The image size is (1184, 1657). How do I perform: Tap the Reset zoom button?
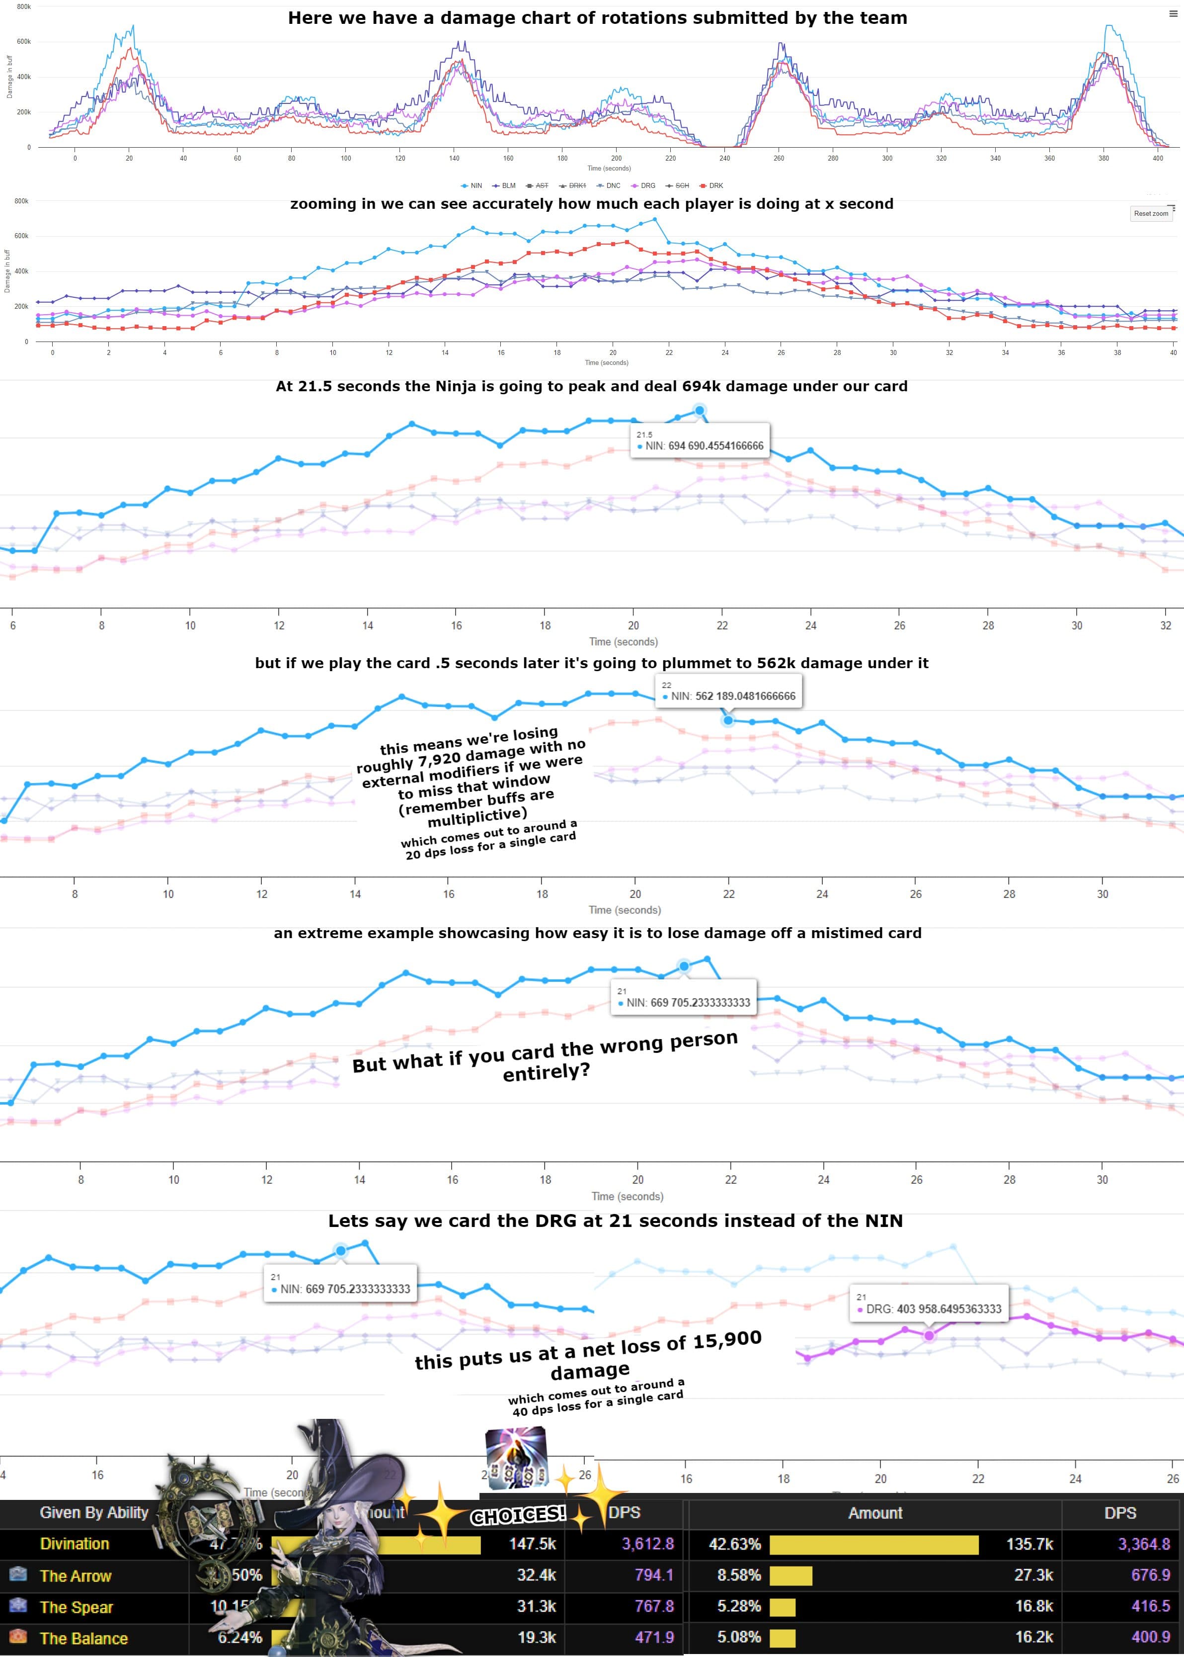click(1151, 214)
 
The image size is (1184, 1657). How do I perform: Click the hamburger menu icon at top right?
click(1173, 14)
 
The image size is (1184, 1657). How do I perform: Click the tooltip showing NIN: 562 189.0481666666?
click(728, 692)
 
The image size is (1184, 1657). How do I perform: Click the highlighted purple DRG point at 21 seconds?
click(929, 1335)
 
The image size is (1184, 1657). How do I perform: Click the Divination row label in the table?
click(75, 1544)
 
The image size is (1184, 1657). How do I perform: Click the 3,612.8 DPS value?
click(647, 1544)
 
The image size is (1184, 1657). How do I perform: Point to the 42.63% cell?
click(735, 1544)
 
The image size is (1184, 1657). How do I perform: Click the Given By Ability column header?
click(94, 1513)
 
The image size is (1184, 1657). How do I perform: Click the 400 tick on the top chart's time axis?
click(1158, 158)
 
